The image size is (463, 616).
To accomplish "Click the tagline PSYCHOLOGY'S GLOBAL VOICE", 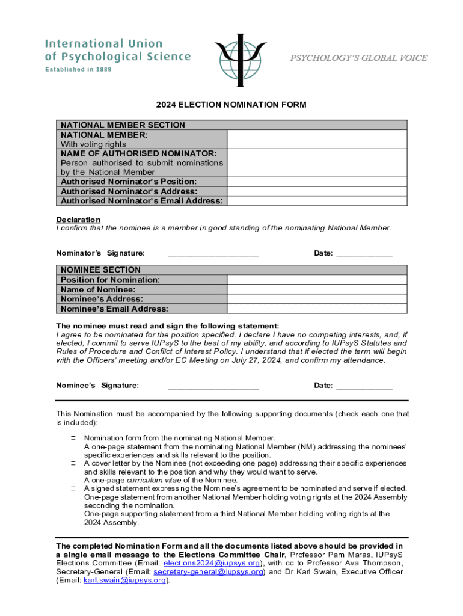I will coord(359,58).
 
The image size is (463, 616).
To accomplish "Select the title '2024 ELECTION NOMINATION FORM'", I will coord(231,105).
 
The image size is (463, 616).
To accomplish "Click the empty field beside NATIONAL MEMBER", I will coord(317,139).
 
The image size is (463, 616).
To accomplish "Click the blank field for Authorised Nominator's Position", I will coord(317,181).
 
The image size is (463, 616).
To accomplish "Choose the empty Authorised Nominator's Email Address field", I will coord(317,200).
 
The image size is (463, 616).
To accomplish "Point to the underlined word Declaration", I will coord(78,220).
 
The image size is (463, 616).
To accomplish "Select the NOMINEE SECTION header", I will coord(100,270).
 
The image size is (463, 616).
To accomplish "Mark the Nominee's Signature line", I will coord(213,386).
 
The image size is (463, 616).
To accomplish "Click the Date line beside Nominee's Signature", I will coord(364,386).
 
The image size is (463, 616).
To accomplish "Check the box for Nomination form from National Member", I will coord(72,439).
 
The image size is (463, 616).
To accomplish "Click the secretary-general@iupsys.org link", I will coord(209,572).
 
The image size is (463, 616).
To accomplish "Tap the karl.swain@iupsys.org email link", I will coord(126,581).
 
